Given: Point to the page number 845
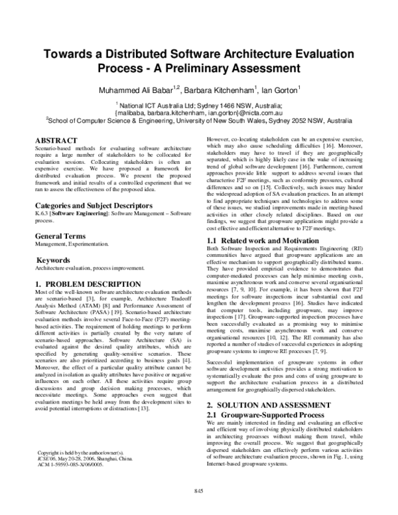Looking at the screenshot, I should (198, 508).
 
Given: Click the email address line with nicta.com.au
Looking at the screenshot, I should (198, 113).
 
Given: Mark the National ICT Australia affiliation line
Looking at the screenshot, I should (198, 105).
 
